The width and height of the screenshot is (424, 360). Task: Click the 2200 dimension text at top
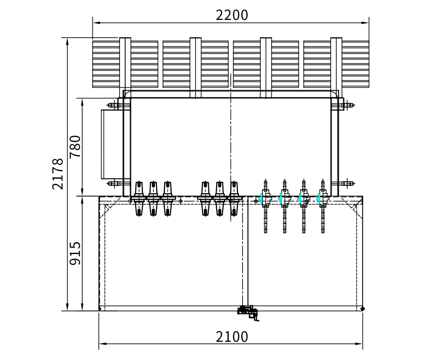click(x=232, y=15)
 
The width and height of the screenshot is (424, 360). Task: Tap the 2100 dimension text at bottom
click(x=232, y=337)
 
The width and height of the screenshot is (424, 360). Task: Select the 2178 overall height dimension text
click(x=58, y=174)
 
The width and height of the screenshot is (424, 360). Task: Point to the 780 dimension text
click(x=75, y=147)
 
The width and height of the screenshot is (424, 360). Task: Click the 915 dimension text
click(x=75, y=253)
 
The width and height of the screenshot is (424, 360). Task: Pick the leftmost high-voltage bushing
click(x=139, y=199)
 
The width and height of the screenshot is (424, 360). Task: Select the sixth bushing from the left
click(x=234, y=199)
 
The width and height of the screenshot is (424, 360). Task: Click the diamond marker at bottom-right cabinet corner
click(x=363, y=309)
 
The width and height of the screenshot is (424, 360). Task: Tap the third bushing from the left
click(x=167, y=199)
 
